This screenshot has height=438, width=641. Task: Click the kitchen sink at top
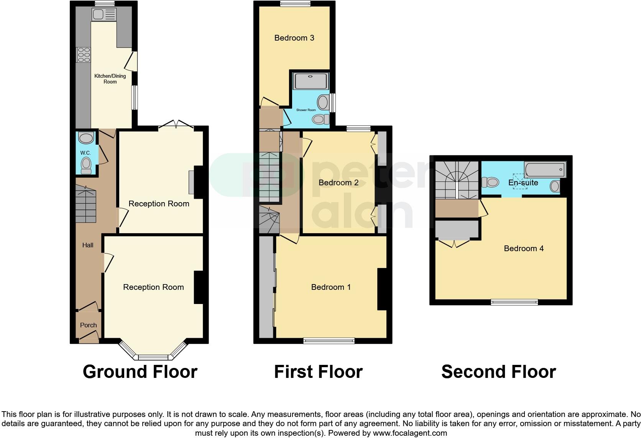coord(104,15)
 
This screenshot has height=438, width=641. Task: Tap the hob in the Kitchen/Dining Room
coord(83,54)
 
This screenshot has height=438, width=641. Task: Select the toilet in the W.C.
coord(86,165)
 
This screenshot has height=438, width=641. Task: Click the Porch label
coord(88,325)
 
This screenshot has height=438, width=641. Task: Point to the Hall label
coord(88,245)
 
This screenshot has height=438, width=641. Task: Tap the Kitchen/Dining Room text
coord(110,79)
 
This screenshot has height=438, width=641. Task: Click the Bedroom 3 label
coord(294,38)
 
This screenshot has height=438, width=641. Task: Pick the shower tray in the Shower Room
coord(311,81)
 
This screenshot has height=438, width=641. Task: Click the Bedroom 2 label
coord(339,183)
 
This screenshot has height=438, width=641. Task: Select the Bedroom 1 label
coord(331,287)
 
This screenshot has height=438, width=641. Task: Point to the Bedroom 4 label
coord(524,248)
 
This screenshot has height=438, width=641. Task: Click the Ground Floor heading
coord(140,372)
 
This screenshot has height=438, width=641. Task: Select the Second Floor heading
coord(498,372)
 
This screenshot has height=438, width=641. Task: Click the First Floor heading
coord(318,372)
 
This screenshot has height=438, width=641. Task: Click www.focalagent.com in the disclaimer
coord(409,433)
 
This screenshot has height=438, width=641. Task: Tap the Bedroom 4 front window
coord(514,302)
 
